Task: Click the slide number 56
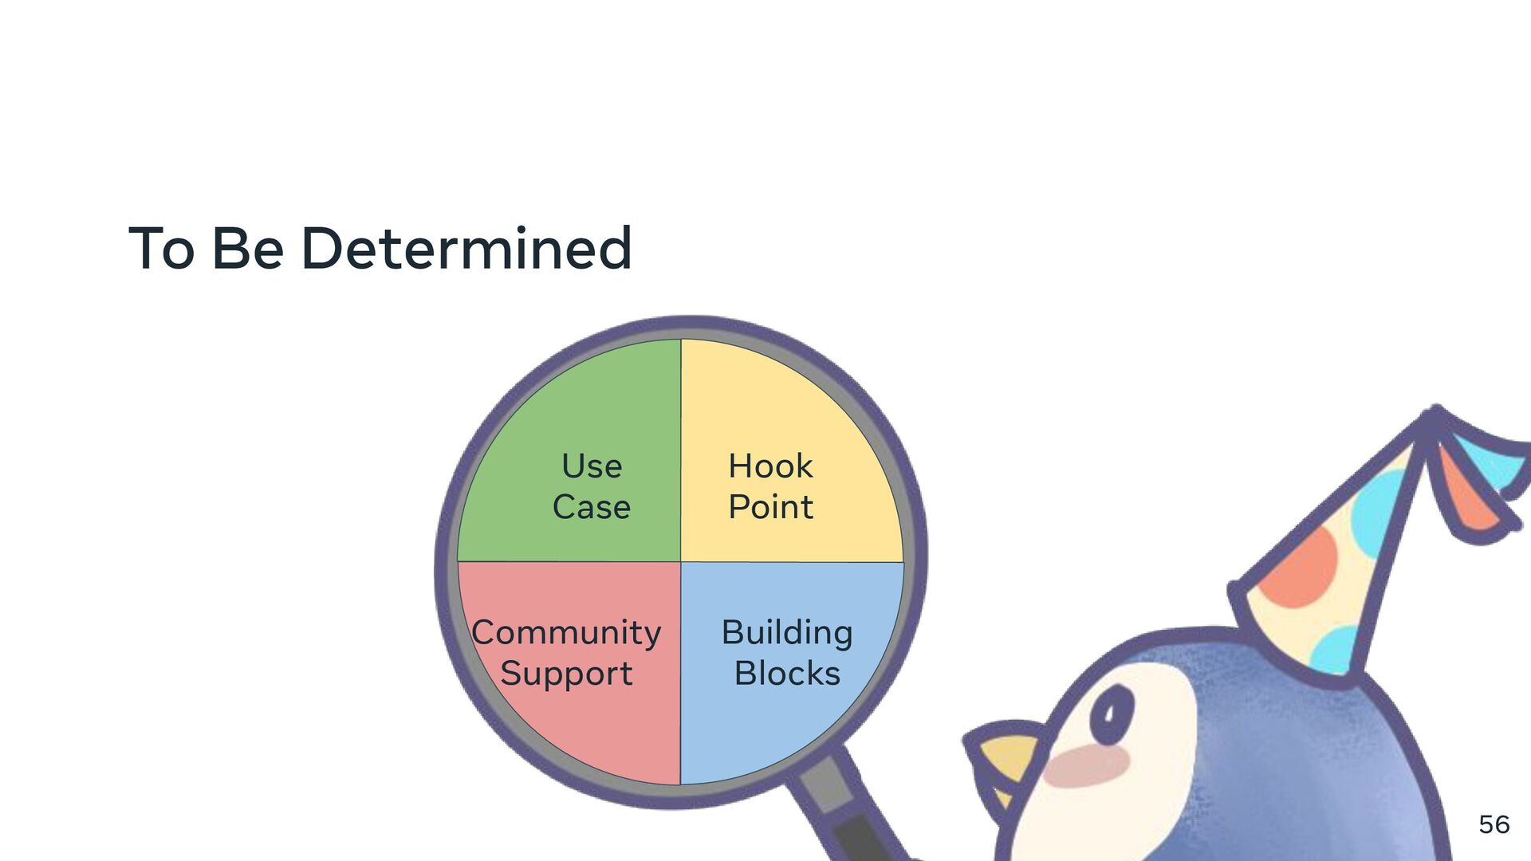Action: coord(1494,824)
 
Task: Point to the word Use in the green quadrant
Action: coord(592,466)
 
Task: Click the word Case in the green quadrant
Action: coord(592,507)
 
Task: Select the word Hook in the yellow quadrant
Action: coord(770,466)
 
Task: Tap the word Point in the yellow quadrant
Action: coord(770,507)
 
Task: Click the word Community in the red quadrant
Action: coord(566,633)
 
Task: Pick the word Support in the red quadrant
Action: coord(566,674)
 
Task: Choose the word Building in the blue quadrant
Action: coord(787,633)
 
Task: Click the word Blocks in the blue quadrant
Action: coord(787,674)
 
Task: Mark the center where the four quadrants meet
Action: coord(680,562)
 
